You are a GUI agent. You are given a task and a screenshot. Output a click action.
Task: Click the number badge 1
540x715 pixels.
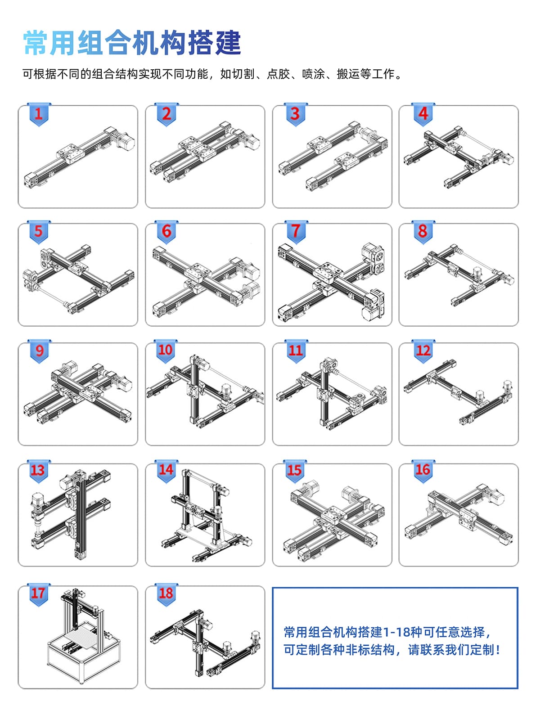(x=38, y=114)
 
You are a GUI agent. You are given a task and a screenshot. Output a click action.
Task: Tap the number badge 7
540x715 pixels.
(x=296, y=231)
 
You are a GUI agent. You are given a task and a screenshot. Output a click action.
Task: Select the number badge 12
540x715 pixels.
(x=423, y=351)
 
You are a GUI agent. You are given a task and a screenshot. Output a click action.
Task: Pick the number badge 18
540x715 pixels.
(x=166, y=594)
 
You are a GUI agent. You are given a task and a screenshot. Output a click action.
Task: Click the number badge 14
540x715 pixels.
(x=166, y=470)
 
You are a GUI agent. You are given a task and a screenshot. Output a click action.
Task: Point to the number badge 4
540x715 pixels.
(x=423, y=114)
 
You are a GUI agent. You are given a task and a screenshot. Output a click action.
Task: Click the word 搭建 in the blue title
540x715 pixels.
(x=214, y=43)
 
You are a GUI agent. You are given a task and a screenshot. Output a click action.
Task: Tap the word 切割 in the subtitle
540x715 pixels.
(x=243, y=74)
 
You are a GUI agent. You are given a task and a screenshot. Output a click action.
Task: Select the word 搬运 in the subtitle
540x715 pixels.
(x=348, y=74)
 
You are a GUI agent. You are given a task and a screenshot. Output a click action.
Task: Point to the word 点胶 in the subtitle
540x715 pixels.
(x=278, y=74)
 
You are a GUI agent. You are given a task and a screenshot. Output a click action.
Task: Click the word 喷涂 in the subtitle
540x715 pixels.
(x=313, y=74)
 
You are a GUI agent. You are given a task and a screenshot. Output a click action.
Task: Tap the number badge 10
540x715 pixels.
(x=166, y=351)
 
